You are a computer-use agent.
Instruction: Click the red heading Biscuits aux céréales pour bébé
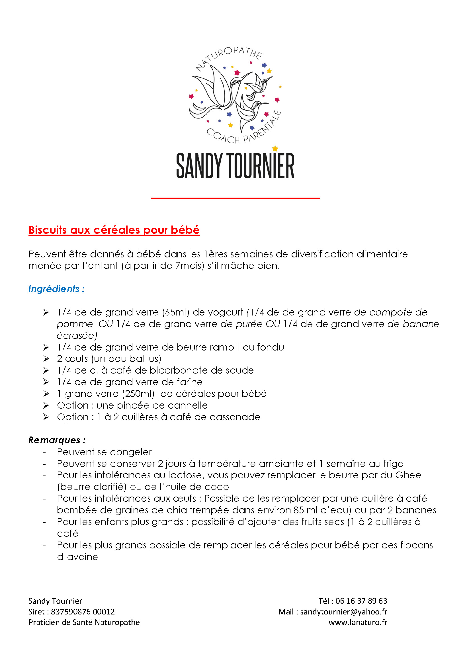click(114, 230)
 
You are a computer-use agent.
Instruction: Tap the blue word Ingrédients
click(54, 289)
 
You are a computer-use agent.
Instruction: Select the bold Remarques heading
click(54, 440)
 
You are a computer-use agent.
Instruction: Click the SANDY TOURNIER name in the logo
click(235, 166)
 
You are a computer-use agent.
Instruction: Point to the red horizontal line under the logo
click(235, 198)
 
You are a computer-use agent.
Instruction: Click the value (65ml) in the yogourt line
click(175, 312)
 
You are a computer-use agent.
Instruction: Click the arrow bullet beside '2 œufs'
click(46, 359)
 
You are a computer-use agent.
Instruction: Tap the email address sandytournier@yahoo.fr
click(344, 612)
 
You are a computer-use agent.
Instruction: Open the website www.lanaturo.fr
click(358, 622)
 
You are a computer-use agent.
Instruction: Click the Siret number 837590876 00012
click(83, 612)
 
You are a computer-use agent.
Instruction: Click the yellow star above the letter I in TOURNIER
click(275, 149)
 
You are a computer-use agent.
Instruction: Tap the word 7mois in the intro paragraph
click(190, 266)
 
